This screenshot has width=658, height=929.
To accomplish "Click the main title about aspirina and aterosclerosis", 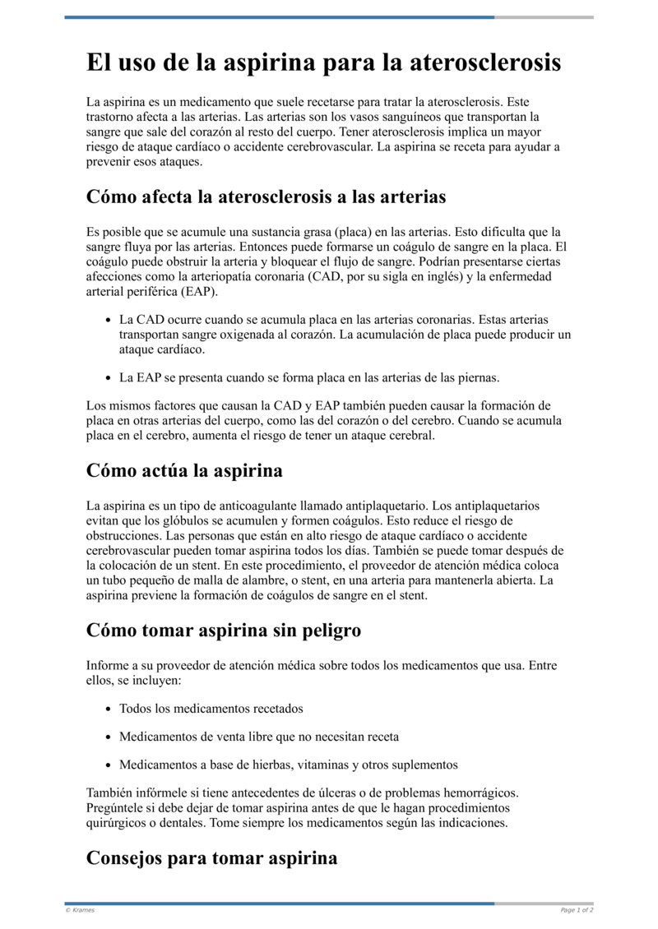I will click(324, 63).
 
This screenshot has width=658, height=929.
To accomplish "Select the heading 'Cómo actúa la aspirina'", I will click(184, 471).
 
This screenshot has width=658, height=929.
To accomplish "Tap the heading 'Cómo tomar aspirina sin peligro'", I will click(224, 631).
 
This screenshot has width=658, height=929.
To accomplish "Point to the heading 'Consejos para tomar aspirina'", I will click(211, 858).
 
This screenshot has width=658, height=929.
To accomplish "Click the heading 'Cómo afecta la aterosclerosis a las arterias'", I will click(266, 197).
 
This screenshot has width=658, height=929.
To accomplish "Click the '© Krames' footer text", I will click(80, 910).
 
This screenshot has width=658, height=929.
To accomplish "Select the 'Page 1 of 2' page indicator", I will click(577, 910).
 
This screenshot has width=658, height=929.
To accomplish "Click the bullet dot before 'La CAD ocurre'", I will click(109, 319).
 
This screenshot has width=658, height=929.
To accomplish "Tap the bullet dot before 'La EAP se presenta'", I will click(109, 378).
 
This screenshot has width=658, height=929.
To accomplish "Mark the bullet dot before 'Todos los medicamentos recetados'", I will click(109, 709).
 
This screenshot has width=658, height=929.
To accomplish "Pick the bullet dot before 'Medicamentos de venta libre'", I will click(109, 737).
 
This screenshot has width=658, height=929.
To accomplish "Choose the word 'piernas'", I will click(479, 378).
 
